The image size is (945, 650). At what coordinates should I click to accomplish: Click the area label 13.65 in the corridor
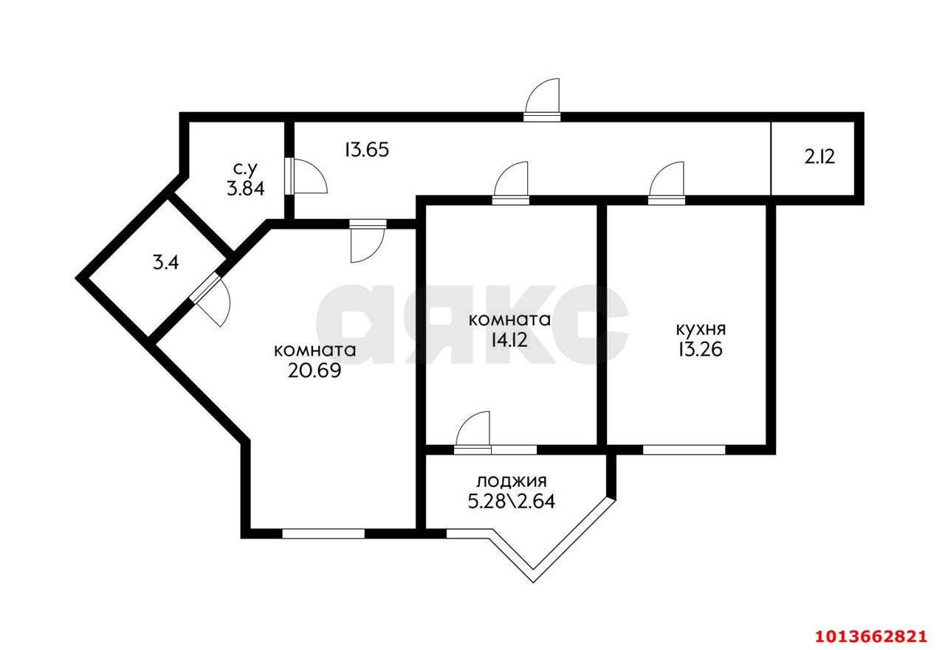click(x=366, y=150)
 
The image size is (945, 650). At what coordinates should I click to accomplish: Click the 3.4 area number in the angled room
click(x=165, y=262)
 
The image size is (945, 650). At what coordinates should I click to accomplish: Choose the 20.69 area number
click(x=315, y=370)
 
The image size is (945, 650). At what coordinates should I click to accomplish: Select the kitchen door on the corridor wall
click(x=668, y=181)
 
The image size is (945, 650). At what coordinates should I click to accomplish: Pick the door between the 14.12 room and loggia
click(x=473, y=430)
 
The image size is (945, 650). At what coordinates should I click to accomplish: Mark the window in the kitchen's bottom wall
click(x=684, y=449)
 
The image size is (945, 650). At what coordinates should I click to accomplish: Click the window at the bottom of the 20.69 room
click(x=323, y=533)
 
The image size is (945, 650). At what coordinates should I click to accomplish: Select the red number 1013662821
click(x=869, y=635)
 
